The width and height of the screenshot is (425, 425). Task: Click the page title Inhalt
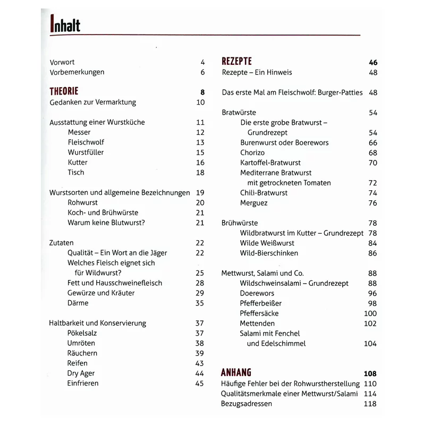tap(65, 23)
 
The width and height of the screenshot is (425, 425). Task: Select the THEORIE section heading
tap(64, 91)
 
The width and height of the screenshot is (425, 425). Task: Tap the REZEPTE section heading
tap(236, 62)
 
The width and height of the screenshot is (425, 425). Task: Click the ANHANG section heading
tap(236, 372)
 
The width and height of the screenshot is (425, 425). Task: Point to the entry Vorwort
tap(62, 62)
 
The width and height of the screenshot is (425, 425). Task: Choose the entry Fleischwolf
tap(86, 142)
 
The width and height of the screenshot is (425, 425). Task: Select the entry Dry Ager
tap(81, 373)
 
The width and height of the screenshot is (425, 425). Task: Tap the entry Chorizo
tap(252, 152)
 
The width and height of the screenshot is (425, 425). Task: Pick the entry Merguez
tap(254, 203)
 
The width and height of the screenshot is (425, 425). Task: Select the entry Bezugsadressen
tap(246, 404)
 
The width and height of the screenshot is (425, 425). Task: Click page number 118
tap(370, 404)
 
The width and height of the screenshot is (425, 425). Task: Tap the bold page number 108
tap(370, 373)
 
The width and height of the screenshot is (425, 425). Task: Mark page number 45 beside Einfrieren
tap(200, 384)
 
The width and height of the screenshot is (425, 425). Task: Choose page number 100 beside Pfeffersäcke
tap(370, 313)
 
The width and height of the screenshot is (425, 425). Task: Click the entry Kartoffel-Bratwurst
tap(270, 163)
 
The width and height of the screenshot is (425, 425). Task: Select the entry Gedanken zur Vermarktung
tap(93, 102)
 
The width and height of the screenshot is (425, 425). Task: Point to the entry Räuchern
tap(82, 353)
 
